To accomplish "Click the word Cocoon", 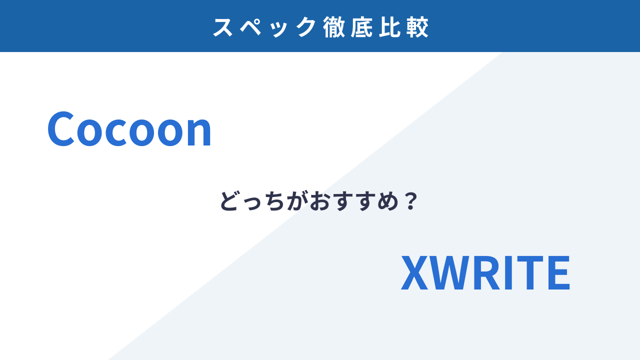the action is (x=129, y=129).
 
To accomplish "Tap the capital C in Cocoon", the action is (x=61, y=129).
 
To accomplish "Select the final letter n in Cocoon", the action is (x=198, y=132).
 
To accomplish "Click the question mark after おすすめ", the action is (x=411, y=201).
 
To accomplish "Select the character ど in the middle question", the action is (x=228, y=201).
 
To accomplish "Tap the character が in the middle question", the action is (x=297, y=201).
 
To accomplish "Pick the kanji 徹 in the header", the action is (x=333, y=27).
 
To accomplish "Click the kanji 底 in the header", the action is (x=361, y=27).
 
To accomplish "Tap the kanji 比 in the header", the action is (x=389, y=27).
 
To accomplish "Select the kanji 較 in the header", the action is (x=417, y=27).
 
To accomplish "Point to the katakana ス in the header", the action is (x=223, y=27).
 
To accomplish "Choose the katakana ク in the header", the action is (x=306, y=27).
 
